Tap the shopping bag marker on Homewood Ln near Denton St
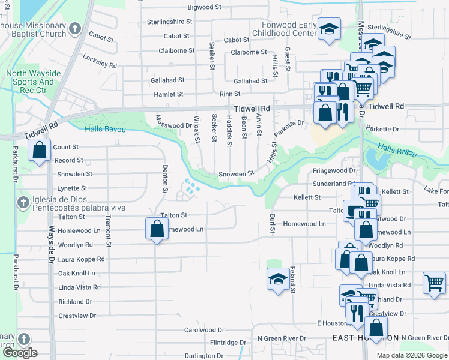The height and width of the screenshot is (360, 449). pyautogui.click(x=157, y=229)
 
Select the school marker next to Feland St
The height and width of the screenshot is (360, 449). pyautogui.click(x=277, y=278)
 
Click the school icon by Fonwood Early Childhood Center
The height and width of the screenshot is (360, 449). pyautogui.click(x=328, y=29)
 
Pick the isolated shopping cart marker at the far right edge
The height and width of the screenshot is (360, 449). pyautogui.click(x=433, y=283)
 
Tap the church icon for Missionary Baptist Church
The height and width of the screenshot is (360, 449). pyautogui.click(x=75, y=29)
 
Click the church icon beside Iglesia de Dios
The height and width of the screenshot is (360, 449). pyautogui.click(x=23, y=201)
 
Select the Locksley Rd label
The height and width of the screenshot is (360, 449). pyautogui.click(x=100, y=64)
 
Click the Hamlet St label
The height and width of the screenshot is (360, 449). pyautogui.click(x=168, y=94)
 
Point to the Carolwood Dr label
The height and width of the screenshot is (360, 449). pyautogui.click(x=203, y=330)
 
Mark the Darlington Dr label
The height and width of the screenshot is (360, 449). pyautogui.click(x=203, y=356)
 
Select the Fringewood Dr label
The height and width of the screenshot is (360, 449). pyautogui.click(x=334, y=171)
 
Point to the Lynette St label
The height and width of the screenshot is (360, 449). pyautogui.click(x=72, y=188)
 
